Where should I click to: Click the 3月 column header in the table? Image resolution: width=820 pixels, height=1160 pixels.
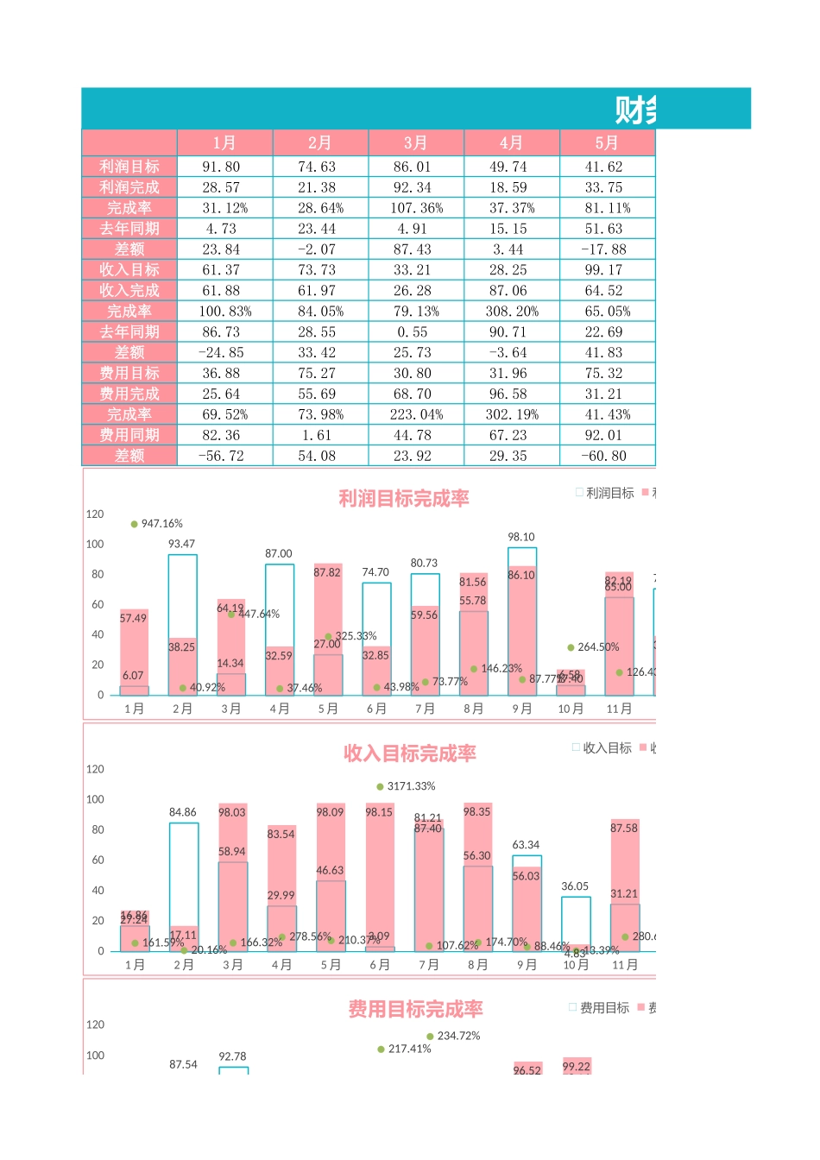[416, 142]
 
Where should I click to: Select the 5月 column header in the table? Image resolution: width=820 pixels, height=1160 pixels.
[607, 142]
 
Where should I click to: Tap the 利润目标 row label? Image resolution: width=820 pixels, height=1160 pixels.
[129, 167]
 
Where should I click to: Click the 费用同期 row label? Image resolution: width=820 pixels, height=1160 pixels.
[129, 435]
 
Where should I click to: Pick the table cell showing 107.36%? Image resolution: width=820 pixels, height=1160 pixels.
[416, 208]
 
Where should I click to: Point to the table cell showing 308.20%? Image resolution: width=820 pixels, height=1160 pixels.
[512, 312]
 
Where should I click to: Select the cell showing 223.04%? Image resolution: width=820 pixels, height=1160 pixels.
[416, 414]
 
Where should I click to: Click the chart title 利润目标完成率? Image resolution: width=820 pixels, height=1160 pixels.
[404, 498]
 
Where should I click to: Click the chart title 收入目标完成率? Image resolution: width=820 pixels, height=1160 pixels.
[410, 753]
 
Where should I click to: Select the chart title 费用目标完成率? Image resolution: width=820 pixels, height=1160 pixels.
[415, 1009]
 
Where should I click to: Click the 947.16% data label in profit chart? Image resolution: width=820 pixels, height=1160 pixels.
[161, 524]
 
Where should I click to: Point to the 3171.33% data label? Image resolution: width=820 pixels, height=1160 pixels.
[411, 786]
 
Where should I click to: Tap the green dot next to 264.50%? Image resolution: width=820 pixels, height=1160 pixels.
[571, 647]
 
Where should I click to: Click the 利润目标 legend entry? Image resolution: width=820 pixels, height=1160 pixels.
[609, 493]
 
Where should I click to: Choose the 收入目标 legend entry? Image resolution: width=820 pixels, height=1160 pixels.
[607, 748]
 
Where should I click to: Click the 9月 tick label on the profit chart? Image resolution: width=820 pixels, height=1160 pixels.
[521, 709]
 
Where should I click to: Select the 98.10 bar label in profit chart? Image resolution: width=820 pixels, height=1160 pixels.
[521, 537]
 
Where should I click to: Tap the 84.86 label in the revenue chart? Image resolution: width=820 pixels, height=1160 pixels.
[183, 812]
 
